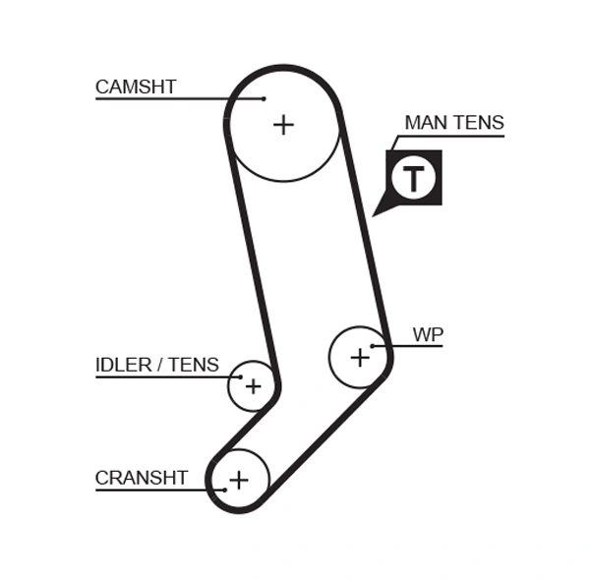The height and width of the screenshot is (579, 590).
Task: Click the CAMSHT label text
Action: click(136, 87)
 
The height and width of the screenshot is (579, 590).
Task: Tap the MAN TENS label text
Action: click(453, 123)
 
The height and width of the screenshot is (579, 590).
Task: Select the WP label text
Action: click(428, 334)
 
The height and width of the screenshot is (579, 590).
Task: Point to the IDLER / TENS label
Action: click(156, 365)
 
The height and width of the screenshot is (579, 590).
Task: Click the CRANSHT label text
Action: click(141, 478)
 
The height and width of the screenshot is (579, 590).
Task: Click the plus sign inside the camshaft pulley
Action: click(283, 125)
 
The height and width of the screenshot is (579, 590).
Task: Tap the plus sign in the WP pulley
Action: click(360, 357)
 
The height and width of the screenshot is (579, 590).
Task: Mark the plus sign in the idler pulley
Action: click(253, 386)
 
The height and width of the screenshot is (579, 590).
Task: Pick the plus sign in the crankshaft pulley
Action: click(238, 480)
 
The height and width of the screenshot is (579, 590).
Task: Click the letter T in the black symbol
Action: click(414, 179)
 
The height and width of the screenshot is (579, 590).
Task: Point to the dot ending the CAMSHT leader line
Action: click(265, 98)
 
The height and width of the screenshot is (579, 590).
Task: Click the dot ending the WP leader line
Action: click(373, 346)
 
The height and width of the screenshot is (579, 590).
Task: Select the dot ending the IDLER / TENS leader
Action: click(239, 376)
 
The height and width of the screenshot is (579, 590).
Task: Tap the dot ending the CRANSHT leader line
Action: click(225, 489)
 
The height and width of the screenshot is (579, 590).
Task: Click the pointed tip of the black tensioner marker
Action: click(374, 214)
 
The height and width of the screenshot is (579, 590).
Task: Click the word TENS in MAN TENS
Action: click(479, 123)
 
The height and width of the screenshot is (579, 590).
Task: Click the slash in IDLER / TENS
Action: click(160, 365)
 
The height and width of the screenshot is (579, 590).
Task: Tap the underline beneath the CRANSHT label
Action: click(147, 490)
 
